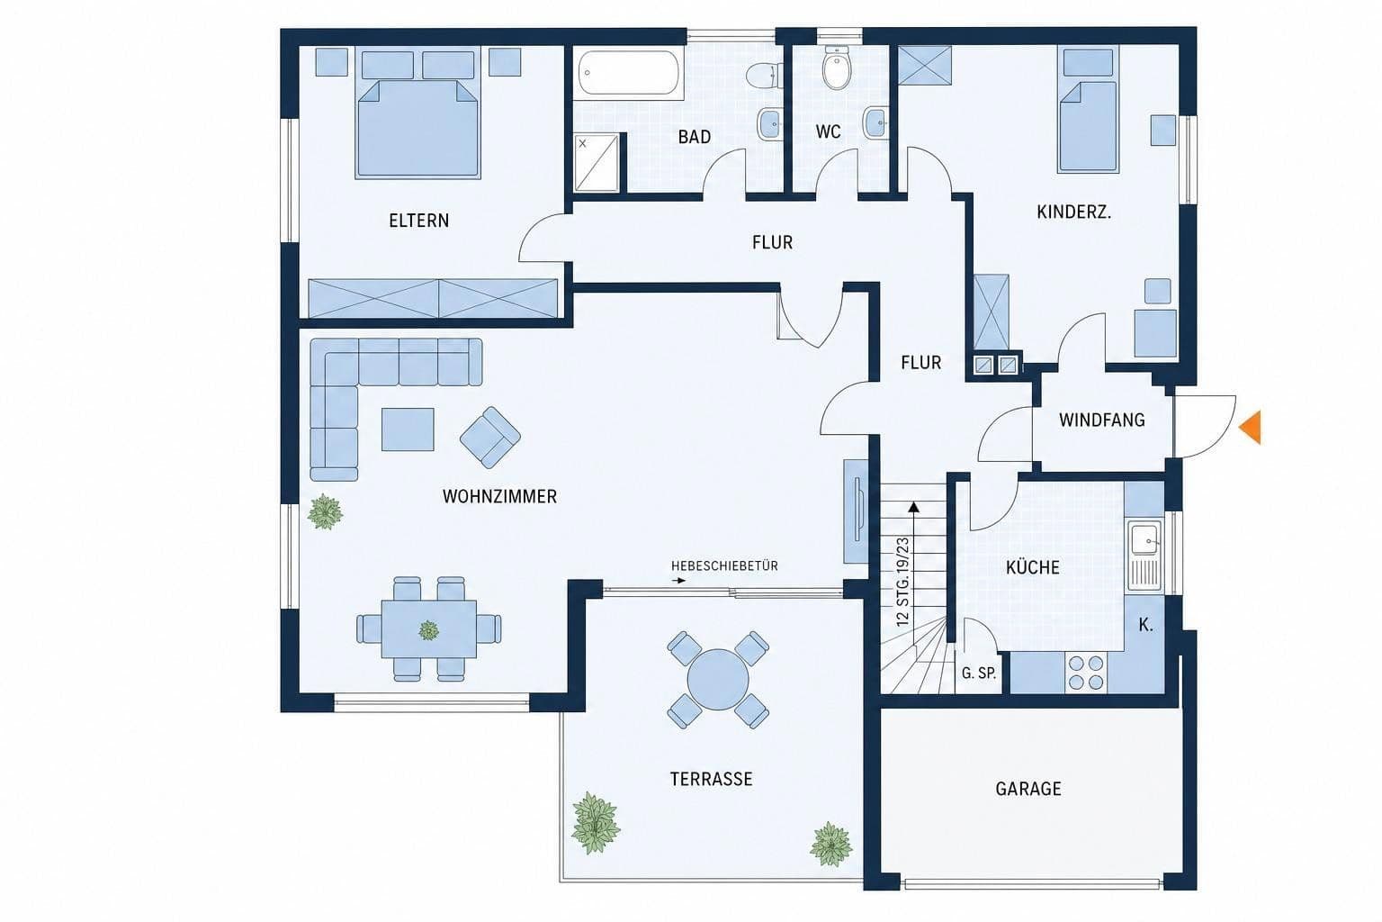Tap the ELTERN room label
[419, 221]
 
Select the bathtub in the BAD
[629, 73]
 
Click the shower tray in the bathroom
[597, 163]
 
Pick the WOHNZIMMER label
[499, 496]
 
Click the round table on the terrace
[717, 679]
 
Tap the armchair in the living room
[490, 438]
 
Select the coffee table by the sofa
[408, 429]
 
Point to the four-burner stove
[1086, 672]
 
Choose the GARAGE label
[1028, 789]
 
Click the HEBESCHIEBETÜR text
[724, 565]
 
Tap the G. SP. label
[979, 673]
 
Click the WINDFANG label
[1102, 420]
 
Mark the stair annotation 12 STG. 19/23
[902, 583]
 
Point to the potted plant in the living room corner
[325, 512]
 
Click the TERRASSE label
[712, 780]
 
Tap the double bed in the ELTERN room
[417, 115]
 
